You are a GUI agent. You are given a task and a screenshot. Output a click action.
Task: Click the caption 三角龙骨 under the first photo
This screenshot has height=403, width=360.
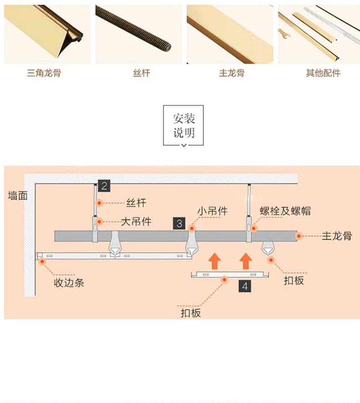(44, 73)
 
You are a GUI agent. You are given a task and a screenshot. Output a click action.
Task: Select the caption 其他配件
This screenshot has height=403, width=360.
(323, 73)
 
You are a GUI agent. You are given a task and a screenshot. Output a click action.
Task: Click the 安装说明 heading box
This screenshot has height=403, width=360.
(184, 125)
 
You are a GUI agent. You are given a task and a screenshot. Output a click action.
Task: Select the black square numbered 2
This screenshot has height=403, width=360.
(104, 185)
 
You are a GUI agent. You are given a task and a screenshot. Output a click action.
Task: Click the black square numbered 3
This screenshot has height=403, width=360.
(180, 223)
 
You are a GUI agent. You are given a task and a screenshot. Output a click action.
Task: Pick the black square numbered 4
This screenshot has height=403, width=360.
(245, 286)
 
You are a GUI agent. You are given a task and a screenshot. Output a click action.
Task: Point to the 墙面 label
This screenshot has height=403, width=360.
(18, 196)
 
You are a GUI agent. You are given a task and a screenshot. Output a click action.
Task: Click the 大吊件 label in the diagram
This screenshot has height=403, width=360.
(136, 222)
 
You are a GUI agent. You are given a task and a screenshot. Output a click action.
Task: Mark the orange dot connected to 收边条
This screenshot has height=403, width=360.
(43, 261)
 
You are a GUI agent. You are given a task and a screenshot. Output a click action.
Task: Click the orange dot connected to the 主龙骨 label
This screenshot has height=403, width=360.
(298, 236)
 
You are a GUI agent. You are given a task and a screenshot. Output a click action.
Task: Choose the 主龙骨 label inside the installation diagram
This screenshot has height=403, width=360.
(337, 236)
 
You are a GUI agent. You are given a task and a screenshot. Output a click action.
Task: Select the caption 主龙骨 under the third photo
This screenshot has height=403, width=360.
(231, 73)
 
